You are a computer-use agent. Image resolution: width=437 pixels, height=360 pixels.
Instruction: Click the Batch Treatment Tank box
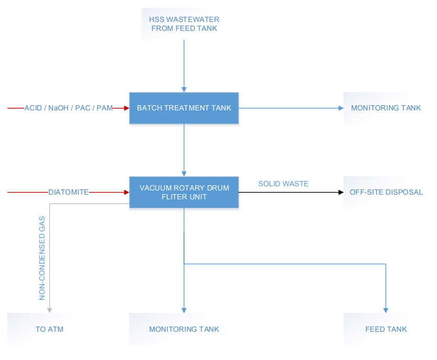pos(184,108)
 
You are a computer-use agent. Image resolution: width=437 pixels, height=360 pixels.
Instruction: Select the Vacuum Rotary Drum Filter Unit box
pos(184,192)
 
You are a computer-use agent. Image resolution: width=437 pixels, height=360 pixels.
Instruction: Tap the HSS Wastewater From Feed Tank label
pos(184,24)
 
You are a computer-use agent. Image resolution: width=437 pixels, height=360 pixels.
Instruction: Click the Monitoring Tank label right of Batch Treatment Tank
pos(386,108)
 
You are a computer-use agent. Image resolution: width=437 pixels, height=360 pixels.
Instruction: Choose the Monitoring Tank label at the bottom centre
pos(184,329)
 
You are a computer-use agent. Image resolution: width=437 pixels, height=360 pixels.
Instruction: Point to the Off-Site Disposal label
pos(386,192)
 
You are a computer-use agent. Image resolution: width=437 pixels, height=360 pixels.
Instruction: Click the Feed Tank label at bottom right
pos(386,329)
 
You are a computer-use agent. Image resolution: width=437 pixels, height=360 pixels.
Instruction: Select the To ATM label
pos(49,329)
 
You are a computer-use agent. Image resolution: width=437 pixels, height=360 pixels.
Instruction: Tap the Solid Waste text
pos(283,184)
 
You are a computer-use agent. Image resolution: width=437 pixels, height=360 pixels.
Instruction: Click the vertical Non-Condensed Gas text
pos(42,258)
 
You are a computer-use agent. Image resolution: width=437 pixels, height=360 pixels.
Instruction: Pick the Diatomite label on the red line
pos(68,192)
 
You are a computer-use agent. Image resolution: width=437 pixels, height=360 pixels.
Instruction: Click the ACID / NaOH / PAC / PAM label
pos(68,108)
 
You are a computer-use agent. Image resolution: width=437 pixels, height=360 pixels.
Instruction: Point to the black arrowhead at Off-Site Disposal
pos(341,192)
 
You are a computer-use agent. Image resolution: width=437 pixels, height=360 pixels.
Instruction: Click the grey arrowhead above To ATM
pos(50,310)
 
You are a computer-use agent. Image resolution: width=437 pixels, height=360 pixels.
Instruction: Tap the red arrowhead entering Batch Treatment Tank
pos(127,108)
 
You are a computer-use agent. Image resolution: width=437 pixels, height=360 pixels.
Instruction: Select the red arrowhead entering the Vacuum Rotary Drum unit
pos(127,192)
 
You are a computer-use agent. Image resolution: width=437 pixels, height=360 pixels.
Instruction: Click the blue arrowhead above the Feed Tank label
pos(386,310)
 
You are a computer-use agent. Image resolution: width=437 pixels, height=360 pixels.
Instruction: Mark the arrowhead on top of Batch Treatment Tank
pos(184,89)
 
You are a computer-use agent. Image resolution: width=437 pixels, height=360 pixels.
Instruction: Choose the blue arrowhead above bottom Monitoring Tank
pos(184,310)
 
